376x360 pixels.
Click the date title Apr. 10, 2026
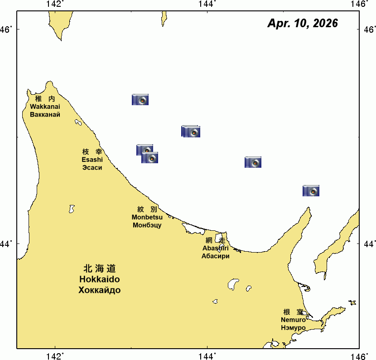(x=303, y=24)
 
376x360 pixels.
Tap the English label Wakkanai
(x=45, y=107)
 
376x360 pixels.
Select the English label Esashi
(x=92, y=160)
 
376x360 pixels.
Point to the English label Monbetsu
(x=147, y=217)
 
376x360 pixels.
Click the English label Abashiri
(x=215, y=248)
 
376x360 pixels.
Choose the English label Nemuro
(x=293, y=320)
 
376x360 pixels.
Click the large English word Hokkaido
(x=99, y=279)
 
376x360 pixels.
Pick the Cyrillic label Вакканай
(x=45, y=114)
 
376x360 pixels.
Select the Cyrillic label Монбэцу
(x=147, y=225)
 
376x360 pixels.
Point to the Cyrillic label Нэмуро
(x=293, y=327)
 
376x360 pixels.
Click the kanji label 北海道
(x=99, y=268)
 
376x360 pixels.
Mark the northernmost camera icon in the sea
(x=140, y=100)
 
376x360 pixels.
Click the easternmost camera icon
(x=311, y=191)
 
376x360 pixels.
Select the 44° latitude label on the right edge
(x=369, y=244)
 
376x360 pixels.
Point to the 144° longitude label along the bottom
(x=207, y=356)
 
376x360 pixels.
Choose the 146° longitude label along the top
(x=360, y=4)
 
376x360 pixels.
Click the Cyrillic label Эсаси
(x=92, y=167)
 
